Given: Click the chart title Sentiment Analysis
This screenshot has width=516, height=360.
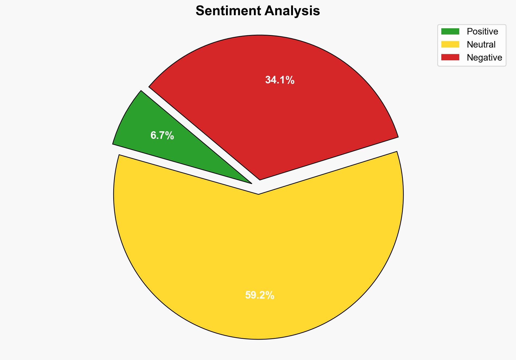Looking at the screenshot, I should click(x=258, y=11).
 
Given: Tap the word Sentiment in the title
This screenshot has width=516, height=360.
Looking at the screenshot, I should click(x=228, y=11).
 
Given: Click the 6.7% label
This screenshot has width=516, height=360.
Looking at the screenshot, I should click(x=162, y=135).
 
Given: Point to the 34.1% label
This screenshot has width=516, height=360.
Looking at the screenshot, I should click(x=280, y=80).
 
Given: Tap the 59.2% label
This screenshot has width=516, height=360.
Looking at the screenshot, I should click(x=260, y=295).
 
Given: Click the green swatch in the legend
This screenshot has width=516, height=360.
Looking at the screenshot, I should click(x=450, y=32).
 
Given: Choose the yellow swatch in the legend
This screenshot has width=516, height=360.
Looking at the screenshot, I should click(x=450, y=44).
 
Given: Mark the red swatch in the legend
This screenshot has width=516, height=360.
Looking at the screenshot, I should click(x=450, y=57).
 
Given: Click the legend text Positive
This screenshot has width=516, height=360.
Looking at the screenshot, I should click(x=482, y=32).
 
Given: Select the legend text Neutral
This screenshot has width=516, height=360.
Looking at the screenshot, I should click(x=481, y=45).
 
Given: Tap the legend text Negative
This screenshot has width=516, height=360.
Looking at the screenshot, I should click(x=484, y=58).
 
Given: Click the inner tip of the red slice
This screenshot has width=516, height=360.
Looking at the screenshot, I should click(x=260, y=179).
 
